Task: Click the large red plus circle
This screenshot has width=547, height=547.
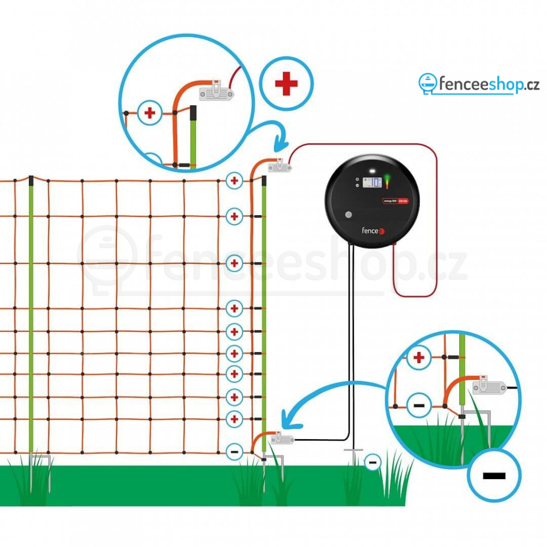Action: pos(286,84)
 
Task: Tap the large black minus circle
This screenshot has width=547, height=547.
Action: pos(494,475)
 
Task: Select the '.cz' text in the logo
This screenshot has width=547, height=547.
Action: pos(528,84)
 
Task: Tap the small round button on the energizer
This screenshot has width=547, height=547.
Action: pos(349,215)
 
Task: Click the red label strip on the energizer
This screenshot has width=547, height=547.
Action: pos(396,201)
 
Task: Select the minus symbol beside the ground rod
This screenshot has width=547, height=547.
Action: pos(372,461)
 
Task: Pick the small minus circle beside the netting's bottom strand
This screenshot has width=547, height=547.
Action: pos(234,451)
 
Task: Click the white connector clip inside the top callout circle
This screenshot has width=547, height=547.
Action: pos(217,92)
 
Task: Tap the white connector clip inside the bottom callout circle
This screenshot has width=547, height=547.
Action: pos(489,386)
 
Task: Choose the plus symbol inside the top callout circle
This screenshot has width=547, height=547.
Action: pos(150,113)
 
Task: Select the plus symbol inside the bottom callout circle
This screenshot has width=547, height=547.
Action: pos(419,358)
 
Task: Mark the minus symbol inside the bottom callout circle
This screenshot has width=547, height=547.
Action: pos(419,406)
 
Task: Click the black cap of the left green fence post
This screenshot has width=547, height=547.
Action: pos(32,180)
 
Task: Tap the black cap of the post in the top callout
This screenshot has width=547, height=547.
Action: pos(193,112)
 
